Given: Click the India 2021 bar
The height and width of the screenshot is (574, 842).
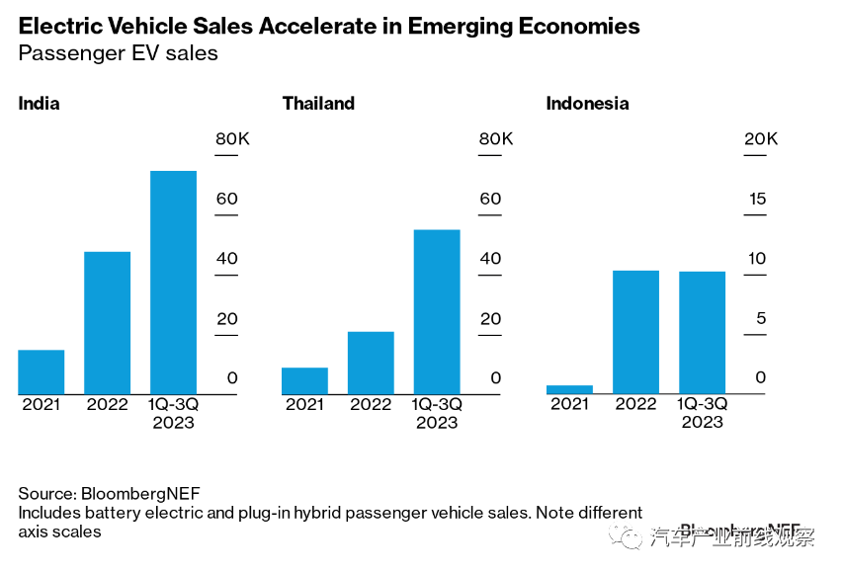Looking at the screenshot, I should tap(42, 372).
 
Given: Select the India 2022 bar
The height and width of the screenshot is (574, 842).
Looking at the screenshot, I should tap(107, 323).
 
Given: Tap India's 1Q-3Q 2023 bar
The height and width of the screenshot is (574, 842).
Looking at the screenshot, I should tap(173, 283).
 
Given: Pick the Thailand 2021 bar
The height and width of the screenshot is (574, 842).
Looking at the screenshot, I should tap(304, 381).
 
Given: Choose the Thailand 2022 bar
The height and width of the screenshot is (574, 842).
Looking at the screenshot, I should tap(371, 363).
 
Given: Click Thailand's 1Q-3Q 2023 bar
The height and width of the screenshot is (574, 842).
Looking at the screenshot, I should tap(437, 312).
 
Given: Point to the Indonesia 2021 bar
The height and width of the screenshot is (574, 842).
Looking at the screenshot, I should tap(569, 389).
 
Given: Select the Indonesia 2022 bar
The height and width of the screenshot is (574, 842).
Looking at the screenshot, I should tap(635, 332).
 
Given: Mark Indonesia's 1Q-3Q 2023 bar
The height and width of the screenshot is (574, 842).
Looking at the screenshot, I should tap(702, 333).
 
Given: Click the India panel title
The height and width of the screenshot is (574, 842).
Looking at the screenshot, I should tap(40, 104).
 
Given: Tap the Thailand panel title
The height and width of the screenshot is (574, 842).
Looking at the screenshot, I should tap(318, 104).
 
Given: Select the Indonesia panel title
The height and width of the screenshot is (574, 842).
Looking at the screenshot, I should tap(587, 104).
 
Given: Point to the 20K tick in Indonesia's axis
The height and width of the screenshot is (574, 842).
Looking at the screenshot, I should tap(760, 139).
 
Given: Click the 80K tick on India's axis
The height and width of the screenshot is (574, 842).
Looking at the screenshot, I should tap(232, 139).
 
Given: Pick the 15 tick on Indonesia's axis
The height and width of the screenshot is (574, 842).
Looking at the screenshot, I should tap(757, 200).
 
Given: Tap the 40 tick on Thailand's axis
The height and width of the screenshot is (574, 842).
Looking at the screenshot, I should tap(491, 259).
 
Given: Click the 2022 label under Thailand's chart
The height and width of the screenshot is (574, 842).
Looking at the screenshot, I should tap(371, 404).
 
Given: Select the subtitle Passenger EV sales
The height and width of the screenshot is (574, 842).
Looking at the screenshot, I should tap(118, 53).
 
